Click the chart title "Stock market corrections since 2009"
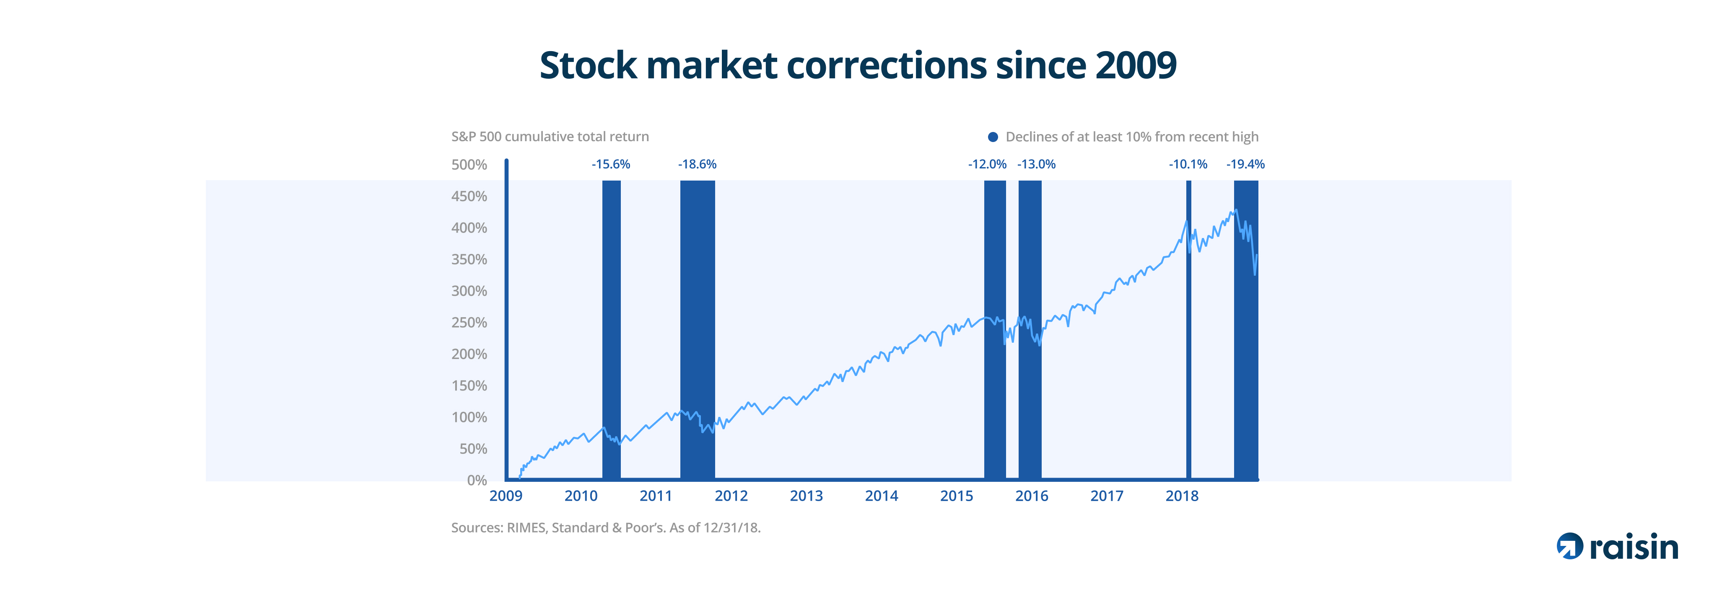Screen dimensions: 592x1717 point(858,65)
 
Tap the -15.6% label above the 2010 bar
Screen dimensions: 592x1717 point(610,165)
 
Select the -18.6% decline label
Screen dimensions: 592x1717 point(697,165)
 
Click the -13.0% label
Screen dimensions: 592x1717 point(1037,165)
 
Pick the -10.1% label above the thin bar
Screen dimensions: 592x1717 point(1188,165)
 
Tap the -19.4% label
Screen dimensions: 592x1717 point(1245,165)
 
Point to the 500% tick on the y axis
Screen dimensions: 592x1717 point(469,165)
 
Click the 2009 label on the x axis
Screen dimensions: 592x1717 point(506,496)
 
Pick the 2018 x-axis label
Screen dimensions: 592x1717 point(1182,496)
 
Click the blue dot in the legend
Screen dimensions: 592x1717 point(993,137)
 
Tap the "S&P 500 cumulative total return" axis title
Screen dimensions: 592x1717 point(550,137)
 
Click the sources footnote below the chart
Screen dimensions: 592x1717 point(606,528)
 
